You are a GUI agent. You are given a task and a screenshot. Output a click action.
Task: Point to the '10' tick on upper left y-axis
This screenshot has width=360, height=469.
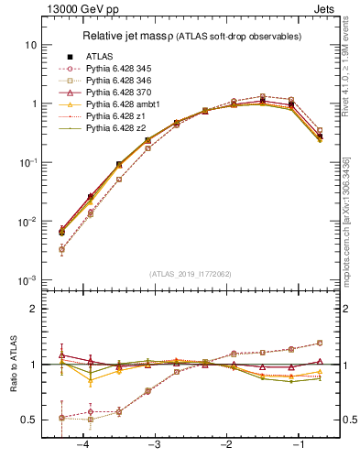click(30, 45)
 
